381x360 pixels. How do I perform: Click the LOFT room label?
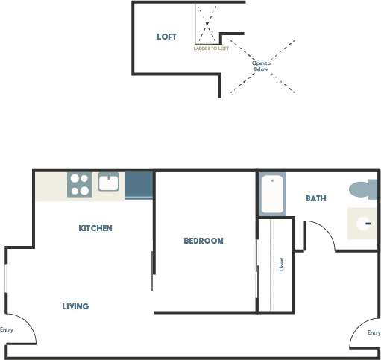click(x=166, y=37)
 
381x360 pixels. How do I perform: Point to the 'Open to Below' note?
click(x=260, y=66)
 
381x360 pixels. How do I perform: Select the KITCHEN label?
click(x=95, y=228)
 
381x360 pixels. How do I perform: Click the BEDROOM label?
click(x=204, y=241)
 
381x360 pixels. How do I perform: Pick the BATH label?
click(x=316, y=198)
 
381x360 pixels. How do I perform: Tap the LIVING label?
click(x=75, y=306)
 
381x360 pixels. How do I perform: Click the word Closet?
click(x=282, y=265)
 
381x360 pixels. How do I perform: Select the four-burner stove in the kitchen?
click(x=80, y=184)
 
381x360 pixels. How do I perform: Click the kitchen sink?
click(x=109, y=182)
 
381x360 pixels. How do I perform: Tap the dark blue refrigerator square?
click(x=139, y=184)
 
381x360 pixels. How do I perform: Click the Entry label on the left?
click(x=7, y=329)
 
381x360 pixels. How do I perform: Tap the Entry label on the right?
click(x=374, y=332)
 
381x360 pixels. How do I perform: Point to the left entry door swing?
click(x=21, y=328)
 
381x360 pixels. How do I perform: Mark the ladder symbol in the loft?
click(x=207, y=24)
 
